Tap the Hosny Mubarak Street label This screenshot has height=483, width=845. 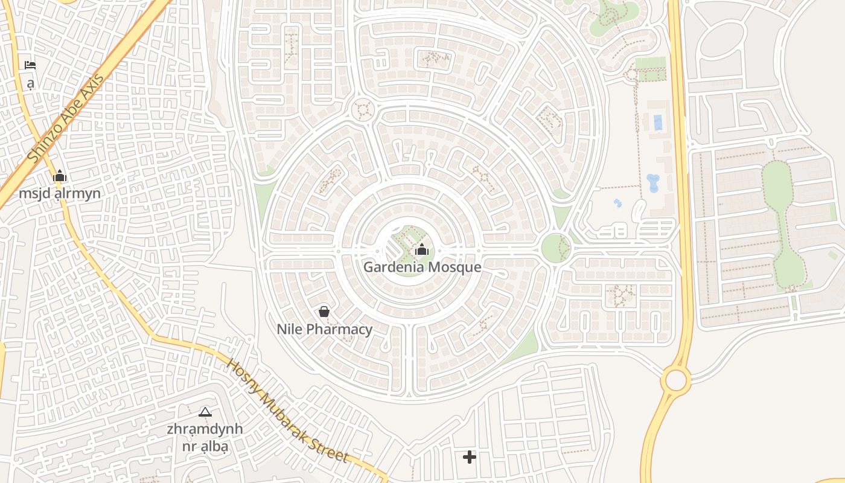click(287, 411)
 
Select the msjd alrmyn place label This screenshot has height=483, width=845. click(60, 193)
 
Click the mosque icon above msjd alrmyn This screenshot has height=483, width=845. click(60, 176)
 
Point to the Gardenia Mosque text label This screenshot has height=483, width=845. click(422, 267)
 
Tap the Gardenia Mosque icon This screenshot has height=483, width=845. click(422, 249)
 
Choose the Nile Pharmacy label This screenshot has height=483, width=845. click(324, 329)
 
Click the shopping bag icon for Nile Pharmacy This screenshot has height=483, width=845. click(324, 312)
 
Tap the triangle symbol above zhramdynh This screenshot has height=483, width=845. click(205, 412)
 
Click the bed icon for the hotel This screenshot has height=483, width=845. click(30, 65)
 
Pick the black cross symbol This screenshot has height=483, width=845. click(469, 457)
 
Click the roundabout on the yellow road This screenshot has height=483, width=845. click(675, 380)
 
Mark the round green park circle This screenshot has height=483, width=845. click(556, 247)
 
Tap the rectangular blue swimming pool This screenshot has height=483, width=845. click(657, 123)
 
